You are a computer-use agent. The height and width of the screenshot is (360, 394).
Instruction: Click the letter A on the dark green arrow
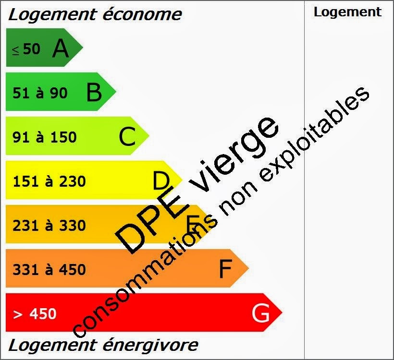pos(61,48)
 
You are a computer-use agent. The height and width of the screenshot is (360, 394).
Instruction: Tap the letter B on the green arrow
pos(94,93)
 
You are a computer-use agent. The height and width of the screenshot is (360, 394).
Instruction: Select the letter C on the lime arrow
pos(127,137)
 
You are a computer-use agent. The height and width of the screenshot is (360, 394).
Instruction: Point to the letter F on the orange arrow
pos(225,269)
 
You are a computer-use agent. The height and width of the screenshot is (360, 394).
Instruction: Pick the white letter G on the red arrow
pos(260,314)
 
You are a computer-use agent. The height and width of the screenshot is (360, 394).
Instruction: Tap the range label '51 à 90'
pos(40,93)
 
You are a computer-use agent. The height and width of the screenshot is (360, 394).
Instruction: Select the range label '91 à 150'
pos(44,137)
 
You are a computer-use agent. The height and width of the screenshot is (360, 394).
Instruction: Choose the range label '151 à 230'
pos(49,181)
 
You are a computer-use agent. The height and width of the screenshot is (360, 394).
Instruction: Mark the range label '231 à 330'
pos(49,225)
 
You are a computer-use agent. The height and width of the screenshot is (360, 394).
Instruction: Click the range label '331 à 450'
pos(49,269)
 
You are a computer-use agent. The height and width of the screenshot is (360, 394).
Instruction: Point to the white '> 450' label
pos(35,314)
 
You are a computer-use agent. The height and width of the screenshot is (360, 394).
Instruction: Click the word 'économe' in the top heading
pos(142,14)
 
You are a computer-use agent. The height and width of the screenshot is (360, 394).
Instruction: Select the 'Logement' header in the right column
pos(347,12)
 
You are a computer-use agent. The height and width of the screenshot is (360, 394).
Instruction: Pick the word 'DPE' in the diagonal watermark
pos(153,221)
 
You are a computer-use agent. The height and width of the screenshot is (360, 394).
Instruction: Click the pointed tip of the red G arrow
pos(281,312)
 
